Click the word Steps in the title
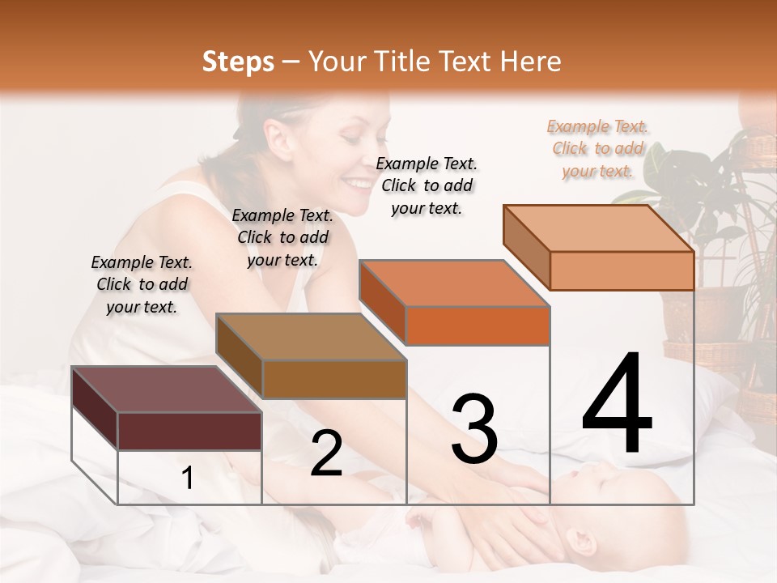tap(238, 62)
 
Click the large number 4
tap(617, 404)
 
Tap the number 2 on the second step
tap(326, 453)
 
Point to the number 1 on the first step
tap(187, 478)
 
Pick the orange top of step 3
tap(453, 283)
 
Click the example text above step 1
tap(142, 284)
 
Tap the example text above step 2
tap(282, 237)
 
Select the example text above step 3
tap(427, 185)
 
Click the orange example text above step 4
tap(597, 148)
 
